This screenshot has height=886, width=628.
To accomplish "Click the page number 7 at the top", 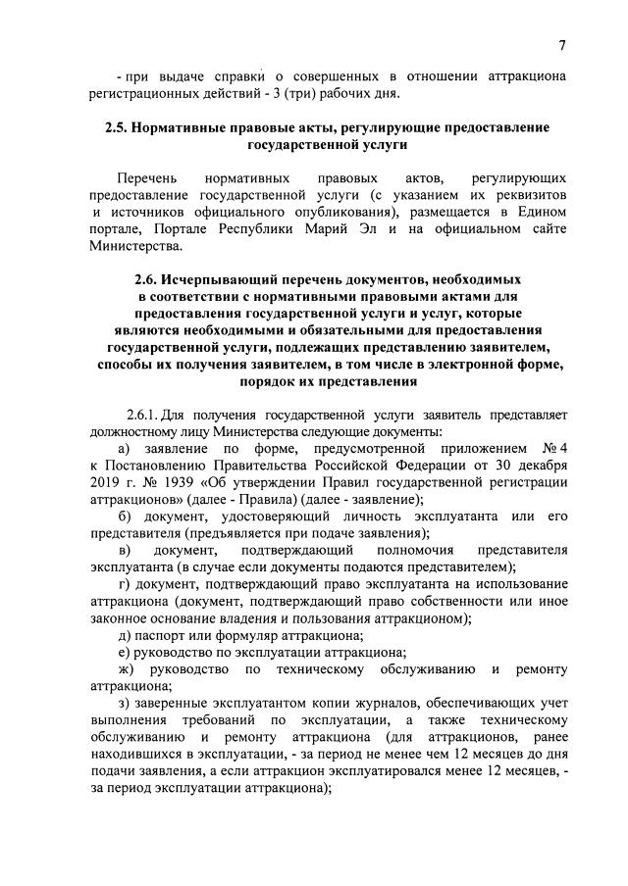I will pyautogui.click(x=562, y=45).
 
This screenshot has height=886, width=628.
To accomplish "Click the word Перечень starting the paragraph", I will pyautogui.click(x=145, y=179).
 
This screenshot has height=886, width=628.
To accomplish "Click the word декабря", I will pyautogui.click(x=539, y=466).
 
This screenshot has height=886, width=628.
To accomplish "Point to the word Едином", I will pyautogui.click(x=542, y=213).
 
